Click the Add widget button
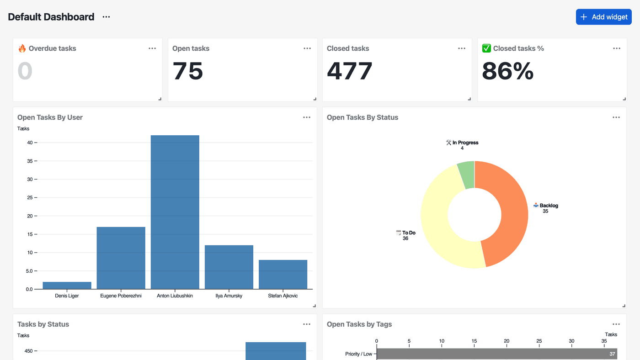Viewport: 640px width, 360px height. point(603,17)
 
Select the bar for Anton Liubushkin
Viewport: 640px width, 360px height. point(175,212)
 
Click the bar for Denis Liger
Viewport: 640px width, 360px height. point(67,286)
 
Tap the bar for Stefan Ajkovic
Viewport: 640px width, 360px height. point(283,275)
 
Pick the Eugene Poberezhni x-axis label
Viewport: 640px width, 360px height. point(121,296)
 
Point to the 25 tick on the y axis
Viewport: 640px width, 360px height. point(30,197)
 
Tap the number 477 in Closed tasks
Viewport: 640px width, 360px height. point(350,71)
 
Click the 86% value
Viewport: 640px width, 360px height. point(507,71)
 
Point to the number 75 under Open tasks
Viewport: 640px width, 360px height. point(187,71)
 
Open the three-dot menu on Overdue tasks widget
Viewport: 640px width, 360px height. point(152,48)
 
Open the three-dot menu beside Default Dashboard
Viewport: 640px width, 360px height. point(106,17)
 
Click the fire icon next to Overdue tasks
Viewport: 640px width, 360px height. point(22,48)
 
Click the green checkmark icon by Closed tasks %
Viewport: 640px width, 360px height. point(486,48)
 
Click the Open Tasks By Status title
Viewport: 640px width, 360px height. point(362,117)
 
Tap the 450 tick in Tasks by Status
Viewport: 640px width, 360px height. point(29,351)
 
